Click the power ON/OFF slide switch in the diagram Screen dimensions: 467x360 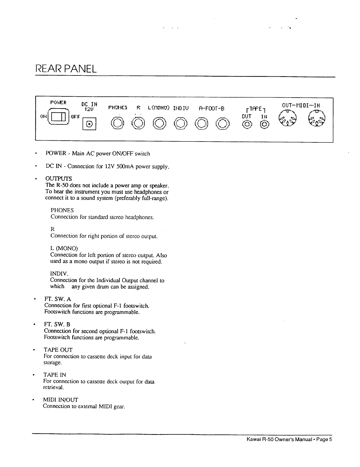click(60, 116)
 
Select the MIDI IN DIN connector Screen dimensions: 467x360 click(316, 118)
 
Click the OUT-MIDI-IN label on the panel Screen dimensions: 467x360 click(301, 105)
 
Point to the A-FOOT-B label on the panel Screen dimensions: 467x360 click(211, 108)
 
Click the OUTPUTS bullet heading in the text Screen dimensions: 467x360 click(58, 179)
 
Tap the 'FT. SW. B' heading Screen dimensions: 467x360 click(57, 325)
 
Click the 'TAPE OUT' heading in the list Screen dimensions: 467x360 click(58, 350)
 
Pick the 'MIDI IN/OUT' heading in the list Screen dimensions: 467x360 click(61, 400)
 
